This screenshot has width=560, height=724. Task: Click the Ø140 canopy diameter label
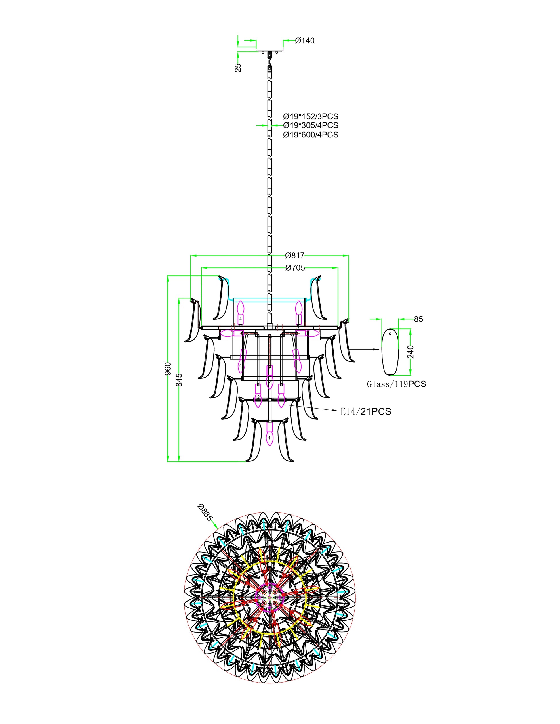[304, 41]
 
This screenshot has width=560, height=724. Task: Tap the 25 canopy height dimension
[238, 68]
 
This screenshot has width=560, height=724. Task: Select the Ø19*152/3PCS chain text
[311, 117]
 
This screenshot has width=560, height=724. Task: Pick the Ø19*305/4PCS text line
[311, 125]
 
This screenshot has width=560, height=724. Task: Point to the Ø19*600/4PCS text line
[311, 135]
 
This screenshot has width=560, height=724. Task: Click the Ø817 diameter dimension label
[295, 256]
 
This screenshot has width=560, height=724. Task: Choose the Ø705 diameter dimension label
[295, 267]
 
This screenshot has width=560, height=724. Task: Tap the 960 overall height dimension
[168, 369]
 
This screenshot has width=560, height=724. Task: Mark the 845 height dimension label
[179, 380]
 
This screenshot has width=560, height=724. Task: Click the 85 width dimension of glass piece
[418, 319]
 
